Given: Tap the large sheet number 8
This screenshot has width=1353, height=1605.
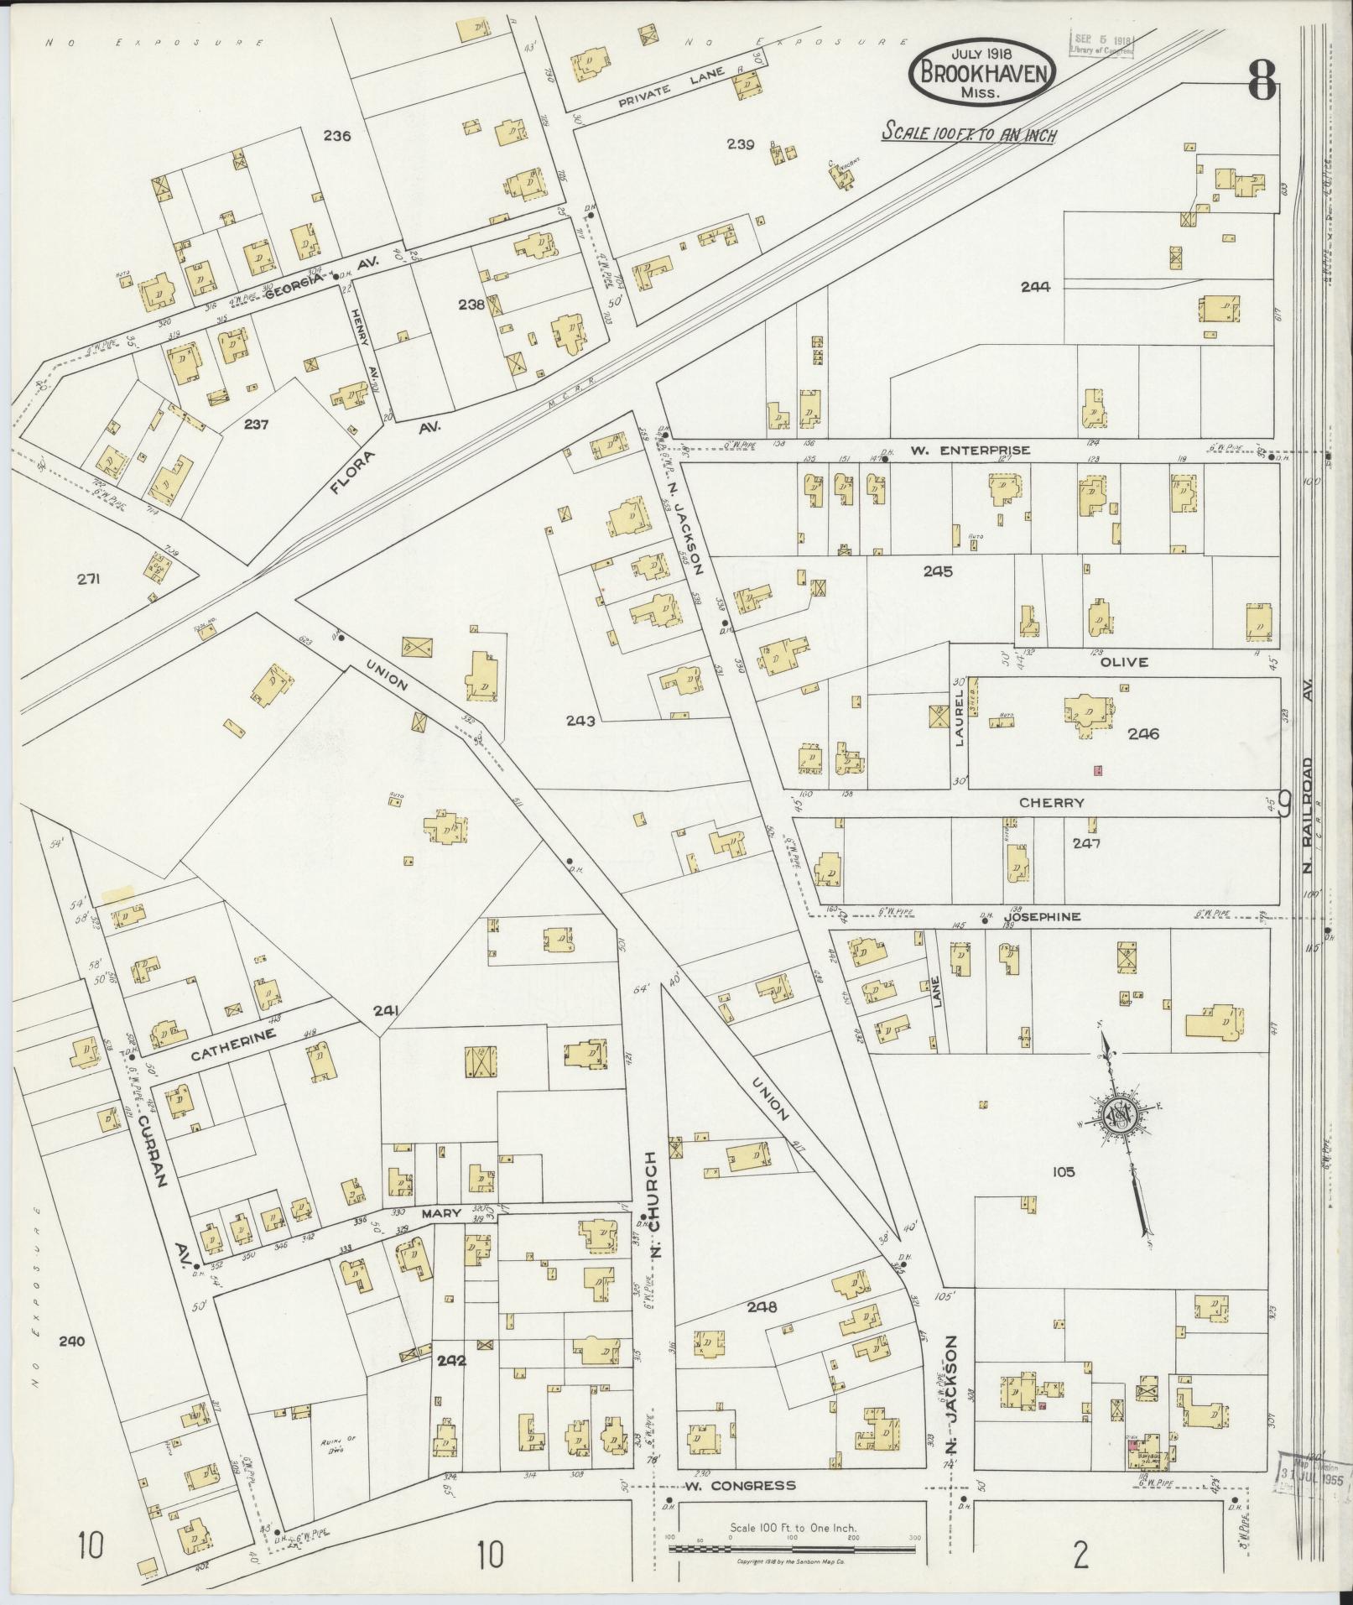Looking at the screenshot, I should [1261, 81].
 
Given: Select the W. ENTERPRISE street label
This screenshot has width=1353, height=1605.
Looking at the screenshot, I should [969, 451].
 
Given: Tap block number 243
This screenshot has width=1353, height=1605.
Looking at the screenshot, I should [580, 721].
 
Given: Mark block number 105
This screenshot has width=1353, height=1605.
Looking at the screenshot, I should [1062, 1171].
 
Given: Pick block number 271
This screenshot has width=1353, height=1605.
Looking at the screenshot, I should [87, 578].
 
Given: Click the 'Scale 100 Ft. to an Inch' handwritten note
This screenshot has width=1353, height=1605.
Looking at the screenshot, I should [969, 133].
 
